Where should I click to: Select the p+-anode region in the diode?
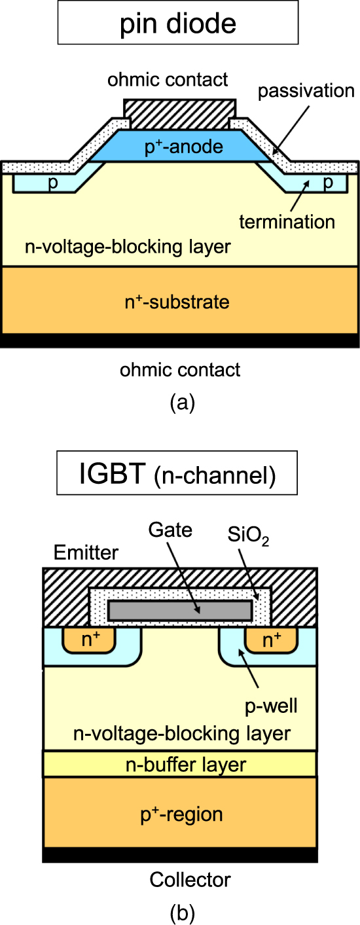(x=183, y=147)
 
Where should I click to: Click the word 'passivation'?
(x=306, y=91)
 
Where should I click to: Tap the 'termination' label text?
(x=287, y=221)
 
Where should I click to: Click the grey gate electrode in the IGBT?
(x=180, y=610)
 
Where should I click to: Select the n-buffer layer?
(x=180, y=764)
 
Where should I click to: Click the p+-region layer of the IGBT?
(x=180, y=814)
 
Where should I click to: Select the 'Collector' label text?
(x=181, y=879)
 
